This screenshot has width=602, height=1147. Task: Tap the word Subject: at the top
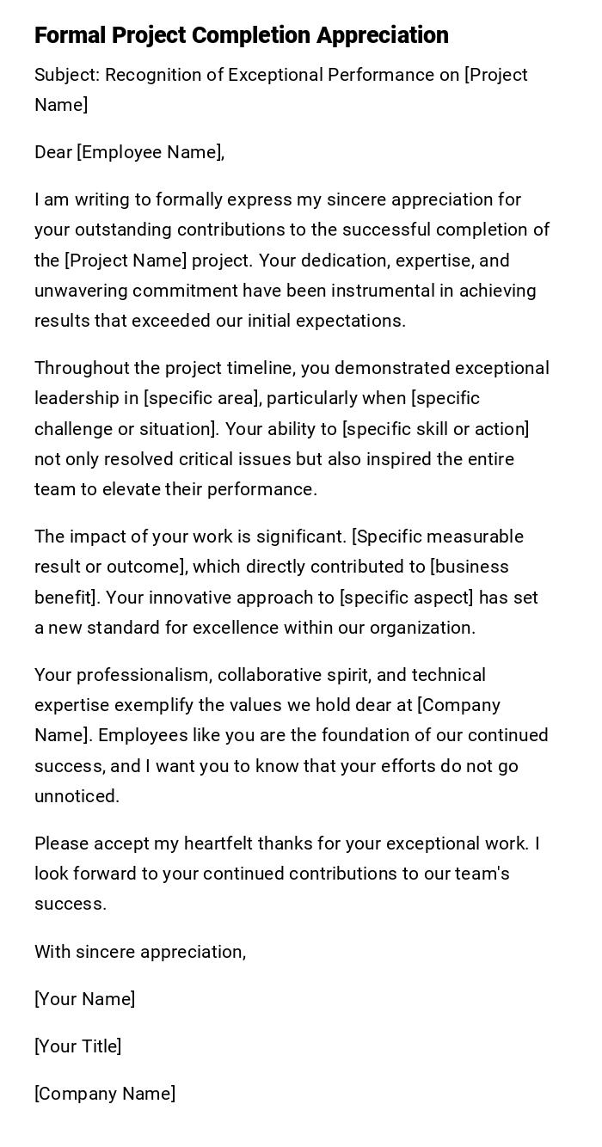(68, 76)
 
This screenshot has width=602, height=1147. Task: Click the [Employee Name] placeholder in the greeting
(150, 153)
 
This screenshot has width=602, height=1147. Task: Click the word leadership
(75, 399)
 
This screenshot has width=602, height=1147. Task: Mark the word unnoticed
(77, 796)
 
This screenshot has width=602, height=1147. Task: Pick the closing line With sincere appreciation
(140, 952)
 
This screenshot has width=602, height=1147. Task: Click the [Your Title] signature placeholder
(78, 1046)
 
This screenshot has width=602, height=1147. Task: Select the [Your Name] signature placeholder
(85, 999)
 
